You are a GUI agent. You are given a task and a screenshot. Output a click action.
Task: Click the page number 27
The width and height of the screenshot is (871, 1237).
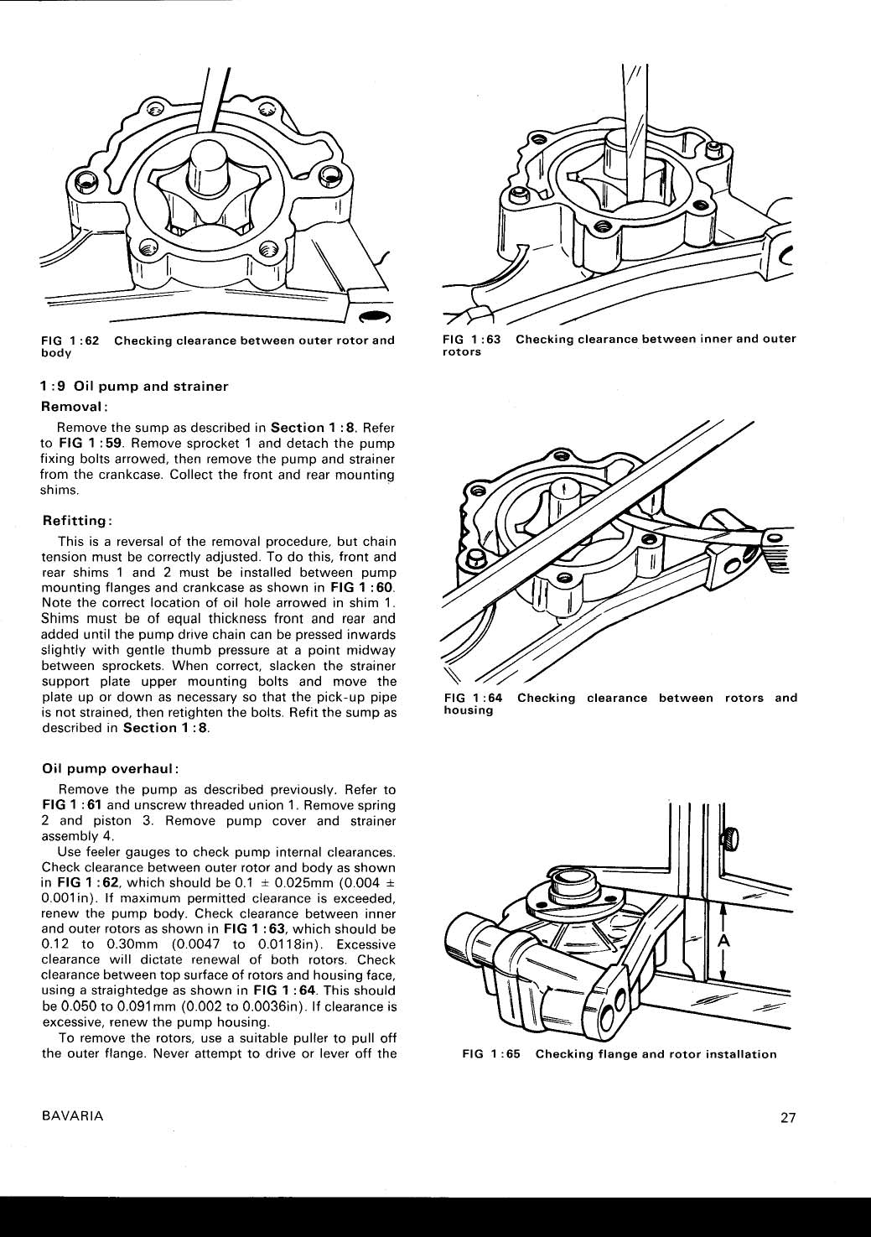point(787,1117)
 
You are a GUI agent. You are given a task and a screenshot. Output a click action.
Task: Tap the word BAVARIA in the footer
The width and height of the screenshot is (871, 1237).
point(72,1116)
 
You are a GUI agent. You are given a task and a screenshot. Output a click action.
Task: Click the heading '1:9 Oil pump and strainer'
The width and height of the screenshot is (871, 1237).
point(135,387)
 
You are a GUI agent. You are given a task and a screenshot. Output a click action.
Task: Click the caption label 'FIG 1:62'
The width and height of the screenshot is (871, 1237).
point(70,340)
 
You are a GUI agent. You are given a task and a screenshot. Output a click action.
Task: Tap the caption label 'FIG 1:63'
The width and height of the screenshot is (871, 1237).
point(472,339)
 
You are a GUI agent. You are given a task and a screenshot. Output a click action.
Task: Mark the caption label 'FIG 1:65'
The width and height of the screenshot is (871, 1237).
point(492,1054)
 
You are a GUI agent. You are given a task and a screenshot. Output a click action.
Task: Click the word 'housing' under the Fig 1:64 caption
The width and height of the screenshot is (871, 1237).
point(468,710)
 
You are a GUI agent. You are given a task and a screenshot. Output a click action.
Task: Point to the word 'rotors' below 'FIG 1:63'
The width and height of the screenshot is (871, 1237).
point(462,352)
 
